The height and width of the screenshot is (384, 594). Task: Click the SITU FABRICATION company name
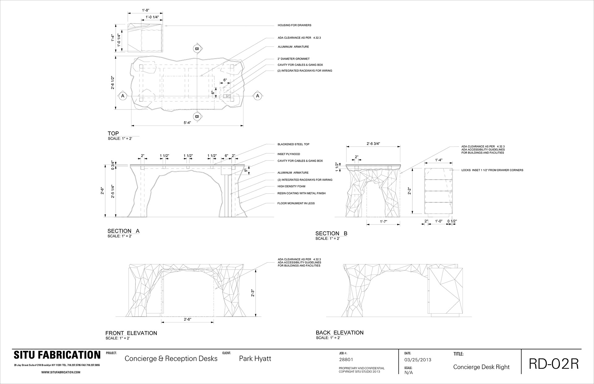pyautogui.click(x=57, y=355)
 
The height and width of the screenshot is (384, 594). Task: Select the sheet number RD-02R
pyautogui.click(x=553, y=364)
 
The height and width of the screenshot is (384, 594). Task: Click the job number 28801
pyautogui.click(x=346, y=360)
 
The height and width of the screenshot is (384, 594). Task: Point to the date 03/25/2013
pyautogui.click(x=418, y=360)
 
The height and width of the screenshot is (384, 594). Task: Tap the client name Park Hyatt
pyautogui.click(x=255, y=358)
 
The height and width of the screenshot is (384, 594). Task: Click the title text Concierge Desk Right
pyautogui.click(x=481, y=367)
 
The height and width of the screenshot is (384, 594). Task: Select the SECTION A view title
pyautogui.click(x=123, y=231)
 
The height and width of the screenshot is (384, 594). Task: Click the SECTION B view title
pyautogui.click(x=331, y=233)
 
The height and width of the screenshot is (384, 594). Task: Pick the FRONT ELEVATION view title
pyautogui.click(x=131, y=333)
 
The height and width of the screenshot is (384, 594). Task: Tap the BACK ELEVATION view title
pyautogui.click(x=340, y=333)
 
